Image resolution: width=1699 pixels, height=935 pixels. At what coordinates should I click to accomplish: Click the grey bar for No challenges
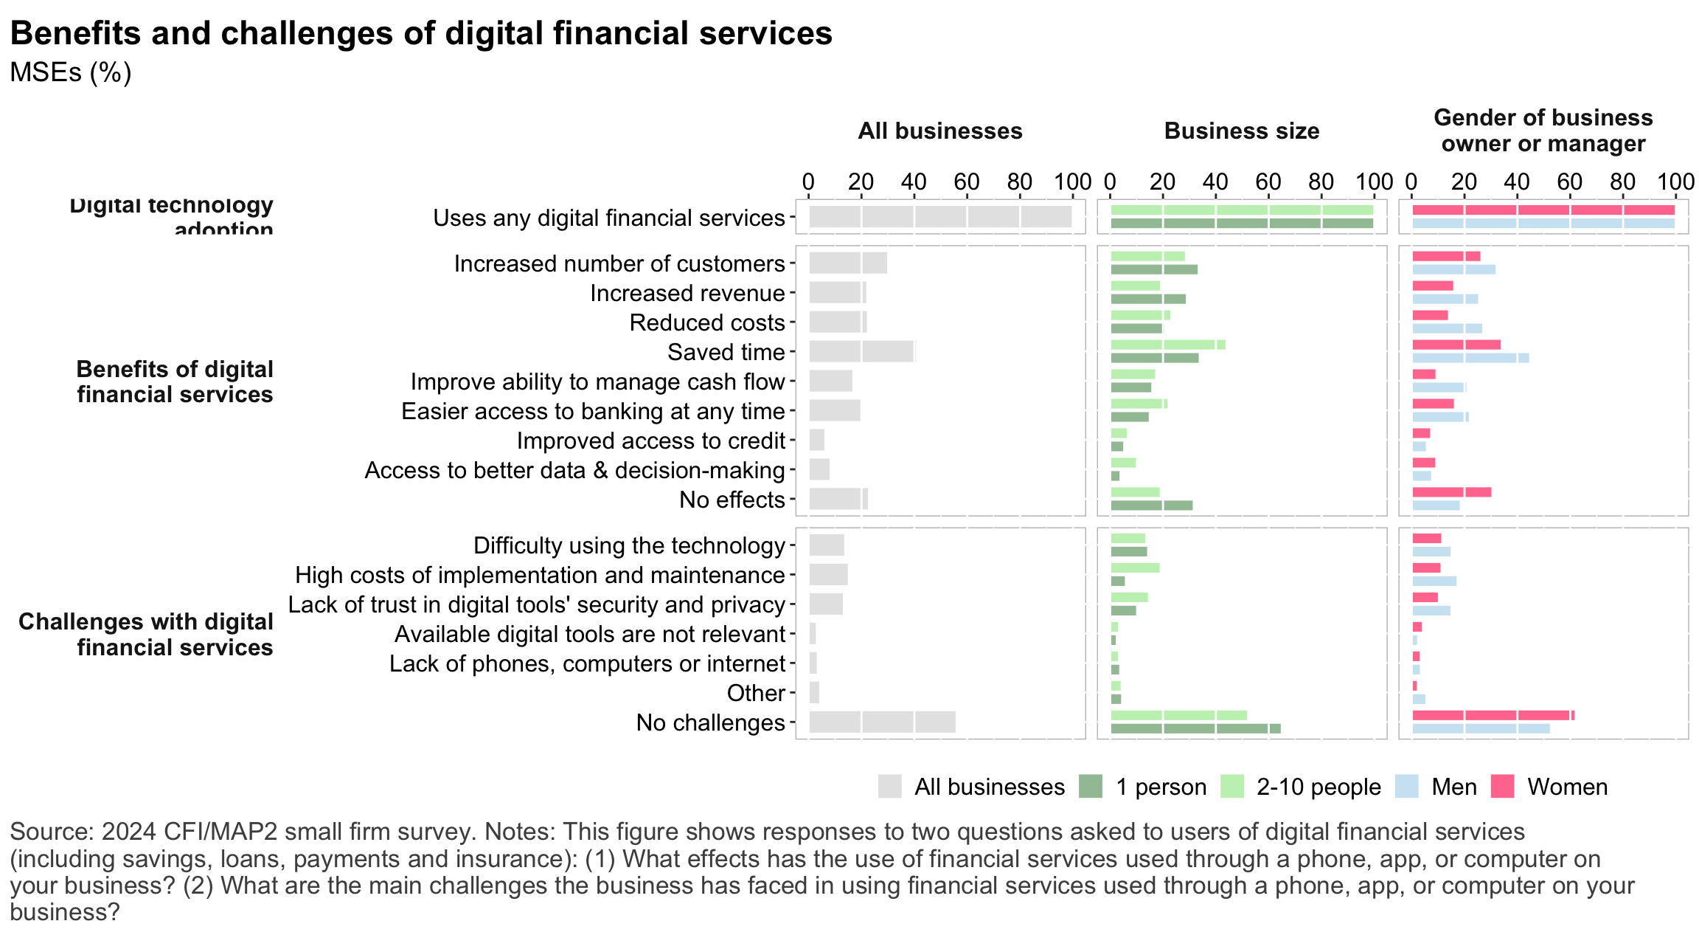tap(882, 722)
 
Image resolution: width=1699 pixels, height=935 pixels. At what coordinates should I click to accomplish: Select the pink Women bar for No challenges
tap(1493, 715)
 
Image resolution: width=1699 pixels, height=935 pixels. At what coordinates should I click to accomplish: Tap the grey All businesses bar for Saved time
tap(862, 351)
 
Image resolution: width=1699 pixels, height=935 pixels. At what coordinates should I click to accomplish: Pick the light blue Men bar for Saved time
tap(1470, 358)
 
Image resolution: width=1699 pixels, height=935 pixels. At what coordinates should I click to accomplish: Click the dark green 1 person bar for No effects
tap(1151, 506)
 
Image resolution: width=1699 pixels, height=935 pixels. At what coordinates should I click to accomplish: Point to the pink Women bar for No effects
tap(1451, 492)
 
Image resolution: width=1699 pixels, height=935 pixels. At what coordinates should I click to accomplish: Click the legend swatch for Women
tap(1502, 787)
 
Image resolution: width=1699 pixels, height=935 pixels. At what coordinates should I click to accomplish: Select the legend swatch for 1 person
tap(1090, 787)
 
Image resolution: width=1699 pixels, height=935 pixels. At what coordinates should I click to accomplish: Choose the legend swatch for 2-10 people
tap(1231, 787)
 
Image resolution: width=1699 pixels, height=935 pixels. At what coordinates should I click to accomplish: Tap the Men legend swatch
tap(1407, 787)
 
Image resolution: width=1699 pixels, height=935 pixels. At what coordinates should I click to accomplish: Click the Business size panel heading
tap(1242, 131)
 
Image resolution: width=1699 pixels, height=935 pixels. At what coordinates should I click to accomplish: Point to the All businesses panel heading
tap(940, 131)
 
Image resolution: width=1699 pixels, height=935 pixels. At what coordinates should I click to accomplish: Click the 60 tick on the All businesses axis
tap(967, 182)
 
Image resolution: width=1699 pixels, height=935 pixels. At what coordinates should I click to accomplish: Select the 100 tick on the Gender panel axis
tap(1675, 182)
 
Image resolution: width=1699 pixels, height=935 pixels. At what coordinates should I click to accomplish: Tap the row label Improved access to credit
tap(650, 441)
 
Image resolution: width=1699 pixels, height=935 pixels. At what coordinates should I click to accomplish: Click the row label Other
tap(756, 693)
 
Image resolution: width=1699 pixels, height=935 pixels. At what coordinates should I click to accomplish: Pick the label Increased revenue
tap(687, 293)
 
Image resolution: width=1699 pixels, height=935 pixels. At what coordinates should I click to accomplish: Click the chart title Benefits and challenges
tap(421, 34)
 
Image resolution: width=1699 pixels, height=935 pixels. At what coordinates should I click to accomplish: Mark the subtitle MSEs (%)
tap(71, 72)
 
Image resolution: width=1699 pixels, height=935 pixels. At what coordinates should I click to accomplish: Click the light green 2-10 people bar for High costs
tap(1135, 567)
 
